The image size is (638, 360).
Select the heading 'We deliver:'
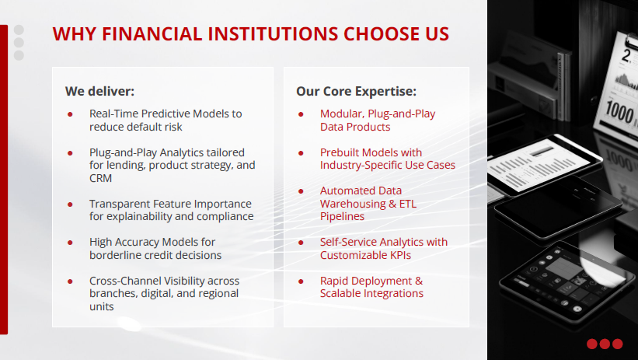tap(99, 91)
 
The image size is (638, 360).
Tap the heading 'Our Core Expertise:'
tap(356, 91)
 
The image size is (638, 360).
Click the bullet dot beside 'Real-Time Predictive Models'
tap(70, 114)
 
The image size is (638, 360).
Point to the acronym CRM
tap(101, 178)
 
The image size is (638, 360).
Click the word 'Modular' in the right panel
tap(340, 114)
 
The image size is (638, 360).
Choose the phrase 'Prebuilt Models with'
tap(371, 152)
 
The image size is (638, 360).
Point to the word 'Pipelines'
tap(342, 216)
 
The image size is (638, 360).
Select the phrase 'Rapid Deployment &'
tap(371, 280)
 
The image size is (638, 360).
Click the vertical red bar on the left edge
tap(4, 179)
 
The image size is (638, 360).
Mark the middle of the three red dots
tap(605, 344)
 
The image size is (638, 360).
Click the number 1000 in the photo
tap(622, 113)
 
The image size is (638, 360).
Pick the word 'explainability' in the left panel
tap(136, 216)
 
